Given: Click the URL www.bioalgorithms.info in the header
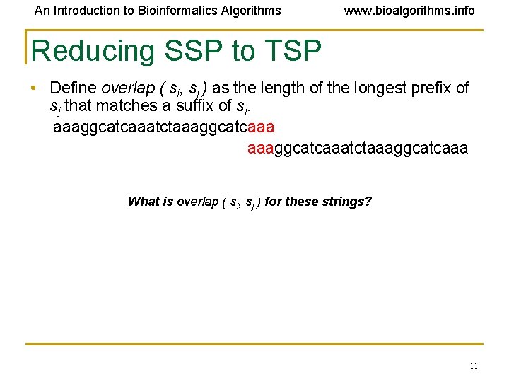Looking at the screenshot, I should (x=409, y=11).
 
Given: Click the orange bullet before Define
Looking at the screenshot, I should (x=33, y=88).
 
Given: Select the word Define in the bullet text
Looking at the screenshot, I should (x=74, y=88).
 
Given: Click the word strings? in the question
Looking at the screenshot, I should (x=346, y=202).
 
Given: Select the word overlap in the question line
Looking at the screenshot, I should (x=197, y=202).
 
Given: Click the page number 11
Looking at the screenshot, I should (x=473, y=366).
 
